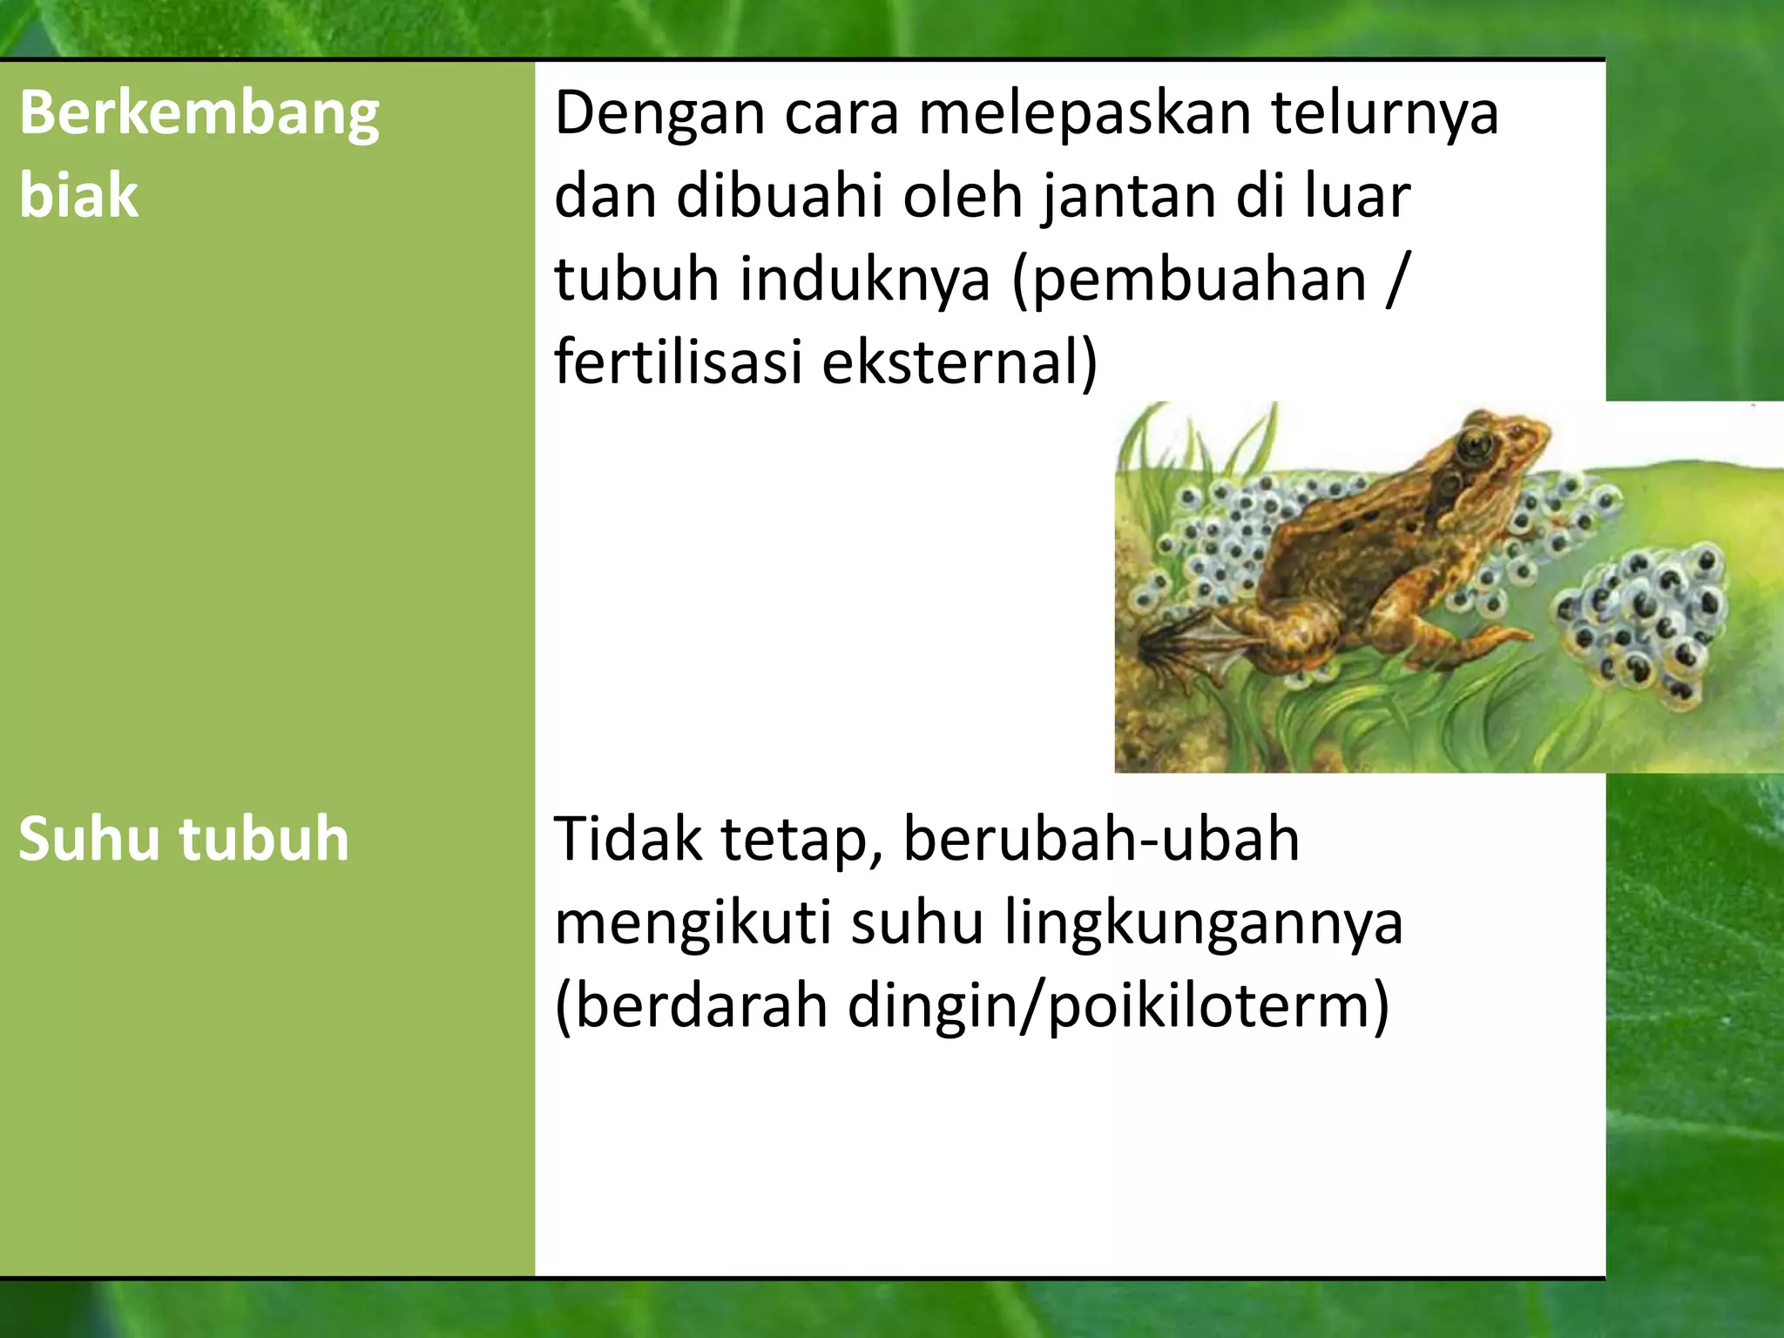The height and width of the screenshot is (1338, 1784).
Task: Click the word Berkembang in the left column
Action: [199, 115]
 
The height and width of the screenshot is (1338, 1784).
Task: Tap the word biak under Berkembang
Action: [78, 195]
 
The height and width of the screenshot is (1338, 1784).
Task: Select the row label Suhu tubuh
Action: [183, 838]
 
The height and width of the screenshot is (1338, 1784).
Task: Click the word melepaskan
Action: [1085, 113]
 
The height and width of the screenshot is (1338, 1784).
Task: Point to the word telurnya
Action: [1385, 113]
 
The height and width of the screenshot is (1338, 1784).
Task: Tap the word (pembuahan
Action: [1189, 280]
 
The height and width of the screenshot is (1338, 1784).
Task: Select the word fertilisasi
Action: [678, 362]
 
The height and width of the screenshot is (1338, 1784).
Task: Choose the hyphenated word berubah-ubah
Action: [1101, 838]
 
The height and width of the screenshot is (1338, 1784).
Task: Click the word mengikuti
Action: [693, 923]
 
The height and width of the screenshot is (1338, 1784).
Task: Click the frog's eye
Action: [1475, 445]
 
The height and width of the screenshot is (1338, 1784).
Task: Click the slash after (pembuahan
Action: [1396, 280]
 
